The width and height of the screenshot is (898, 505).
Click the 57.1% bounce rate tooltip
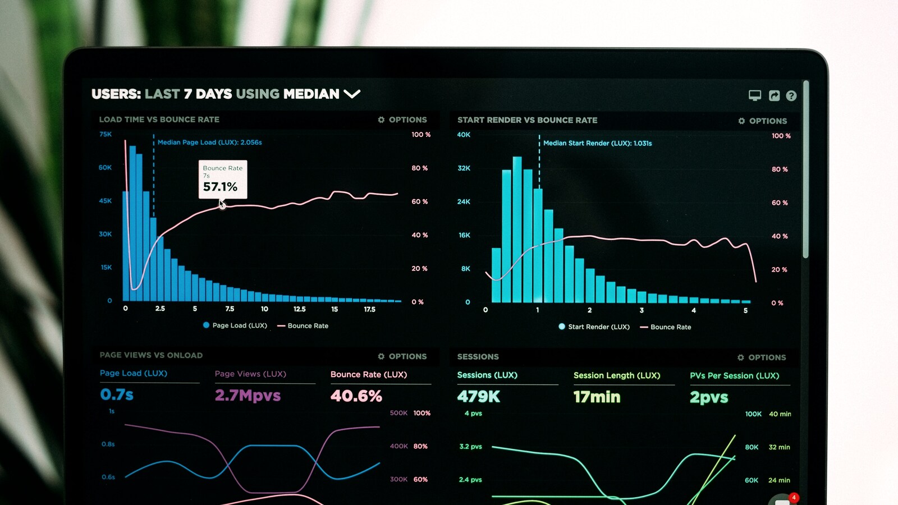[223, 180]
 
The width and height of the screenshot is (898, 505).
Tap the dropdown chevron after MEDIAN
[352, 94]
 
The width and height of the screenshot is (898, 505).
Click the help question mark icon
[791, 96]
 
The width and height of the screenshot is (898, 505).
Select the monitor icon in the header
[755, 95]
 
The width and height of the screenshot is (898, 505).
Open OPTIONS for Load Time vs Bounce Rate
[402, 120]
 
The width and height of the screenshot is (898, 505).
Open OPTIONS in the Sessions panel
[762, 357]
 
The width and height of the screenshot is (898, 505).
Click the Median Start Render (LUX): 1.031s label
[597, 143]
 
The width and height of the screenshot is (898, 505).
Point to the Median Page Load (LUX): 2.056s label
[209, 143]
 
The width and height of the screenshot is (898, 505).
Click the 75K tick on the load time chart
[106, 134]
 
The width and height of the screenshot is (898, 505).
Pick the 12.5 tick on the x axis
[300, 309]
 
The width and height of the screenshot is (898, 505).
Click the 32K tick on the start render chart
[464, 168]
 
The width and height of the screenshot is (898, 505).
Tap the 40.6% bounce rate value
[356, 396]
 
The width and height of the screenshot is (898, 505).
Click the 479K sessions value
[478, 397]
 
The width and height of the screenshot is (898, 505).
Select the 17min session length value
[597, 397]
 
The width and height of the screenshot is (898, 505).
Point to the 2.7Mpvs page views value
[248, 396]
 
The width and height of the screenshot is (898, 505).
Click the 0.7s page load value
[117, 394]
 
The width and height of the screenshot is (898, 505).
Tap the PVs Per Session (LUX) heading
[734, 375]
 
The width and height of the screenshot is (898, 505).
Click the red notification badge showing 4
[794, 497]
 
